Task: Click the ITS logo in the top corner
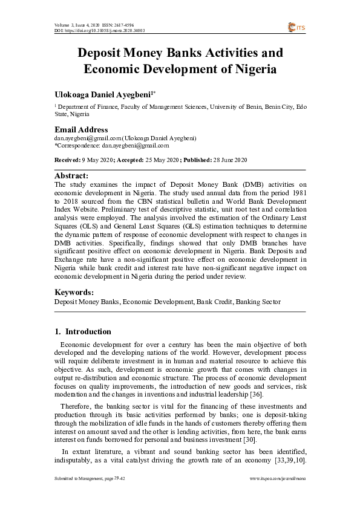pos(297,27)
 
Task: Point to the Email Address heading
pos(81,129)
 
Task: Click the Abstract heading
pos(71,175)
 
